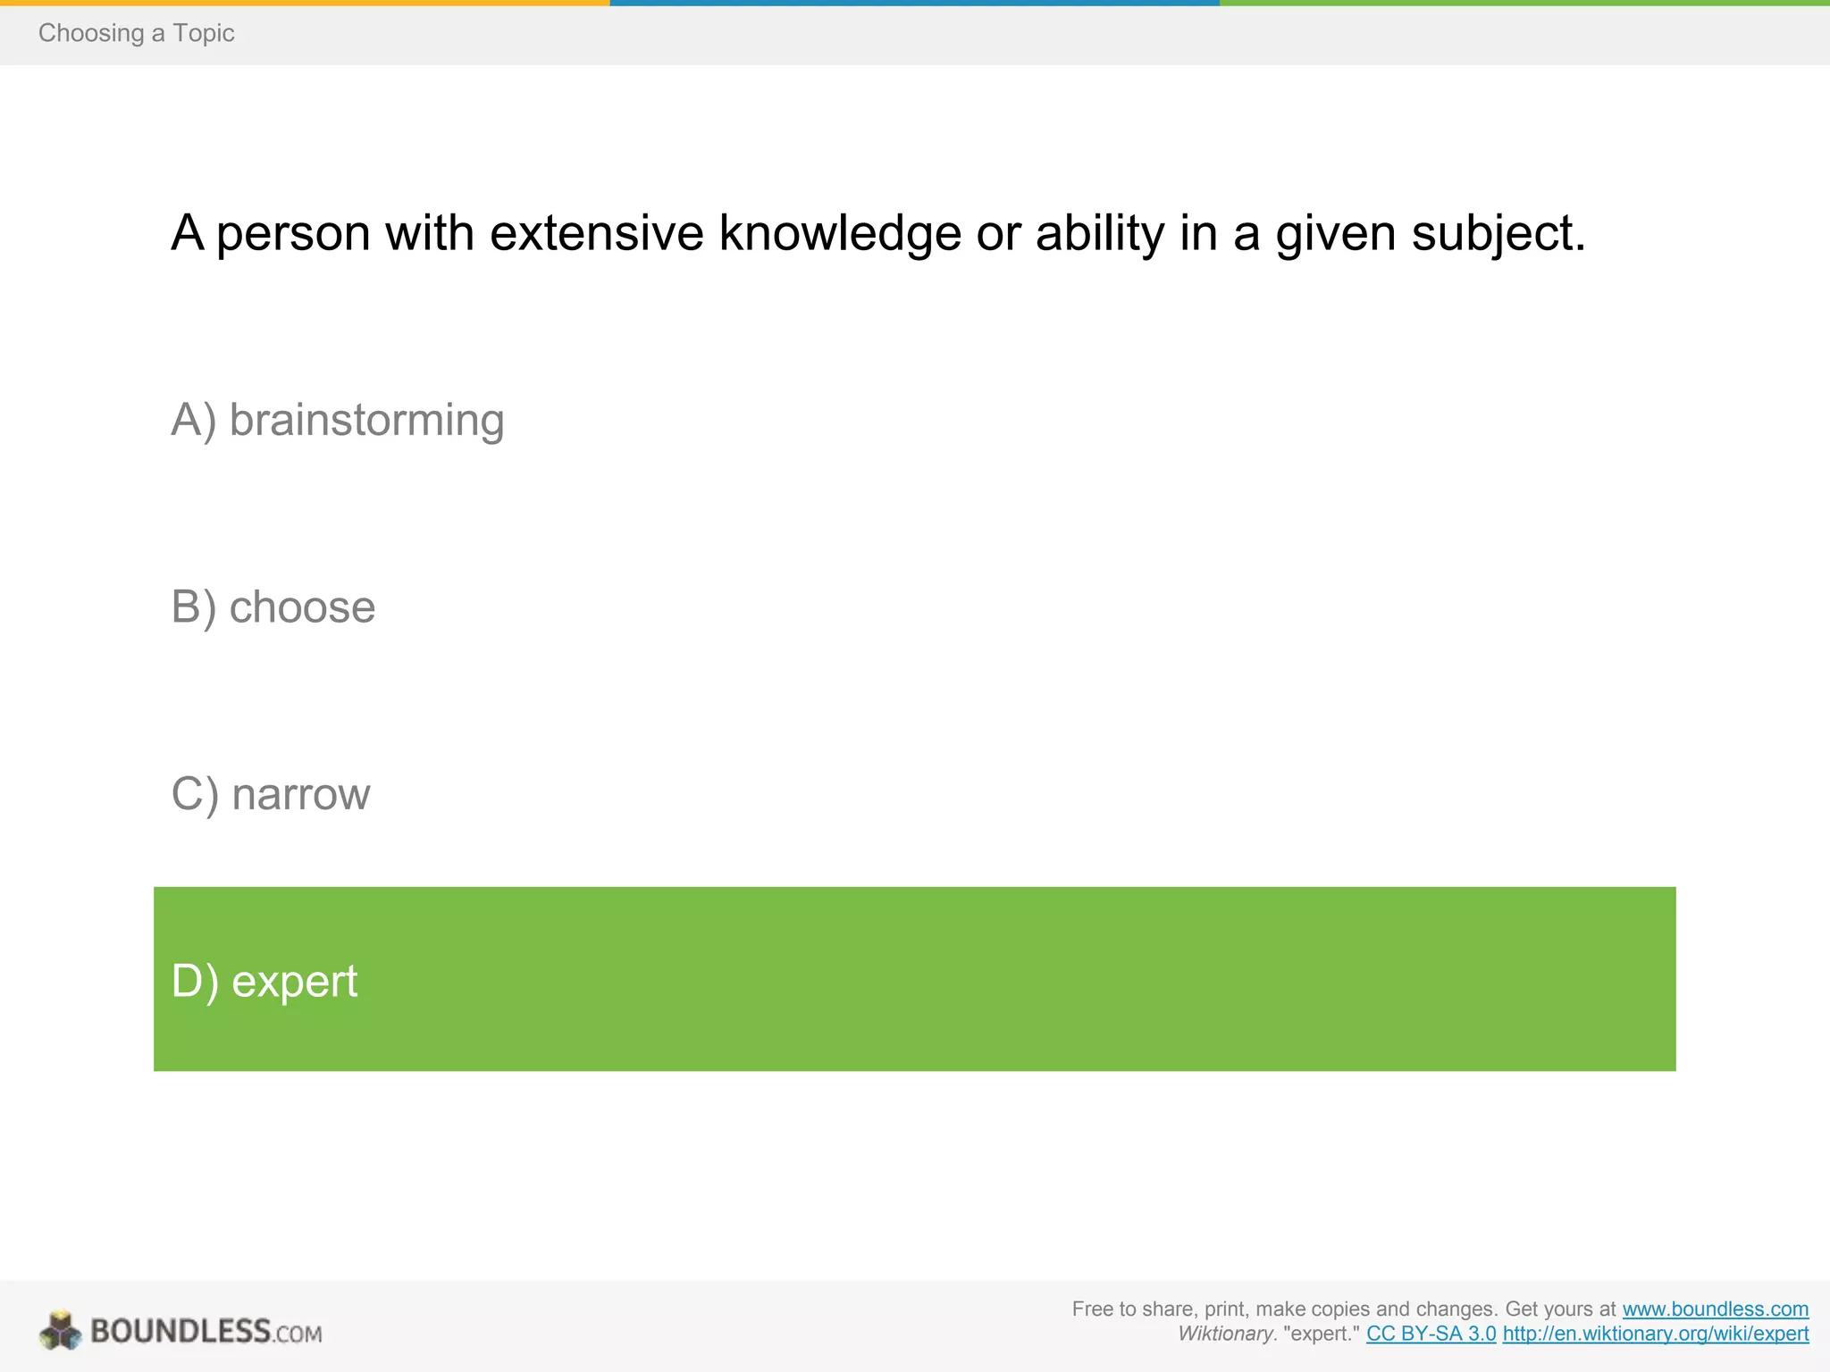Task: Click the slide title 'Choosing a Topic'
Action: coord(136,33)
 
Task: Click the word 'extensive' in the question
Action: coord(597,233)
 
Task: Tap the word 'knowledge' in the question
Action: coord(840,235)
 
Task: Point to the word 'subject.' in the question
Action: coord(1498,235)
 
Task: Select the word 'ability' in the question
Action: coord(1100,235)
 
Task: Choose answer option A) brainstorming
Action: coord(338,420)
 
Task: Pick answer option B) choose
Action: coord(273,607)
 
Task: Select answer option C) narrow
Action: coord(271,794)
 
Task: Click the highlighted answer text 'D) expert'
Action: coord(264,981)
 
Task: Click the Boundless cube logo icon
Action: coord(61,1330)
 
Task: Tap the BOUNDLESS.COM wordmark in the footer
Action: coord(206,1331)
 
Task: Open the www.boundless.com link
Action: coord(1715,1309)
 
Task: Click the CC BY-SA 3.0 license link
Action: coord(1431,1334)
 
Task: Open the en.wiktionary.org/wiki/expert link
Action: coord(1655,1334)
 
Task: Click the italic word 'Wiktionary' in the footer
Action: coord(1225,1334)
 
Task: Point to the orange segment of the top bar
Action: coord(305,3)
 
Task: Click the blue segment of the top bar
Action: coord(914,3)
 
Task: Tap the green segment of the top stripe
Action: coord(1524,3)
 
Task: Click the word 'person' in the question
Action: coord(293,235)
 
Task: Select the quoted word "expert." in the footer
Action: coord(1321,1334)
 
